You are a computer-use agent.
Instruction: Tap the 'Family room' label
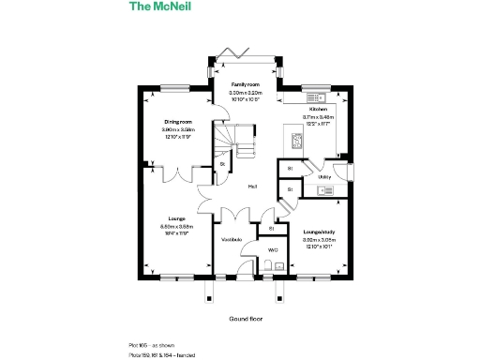click(x=245, y=84)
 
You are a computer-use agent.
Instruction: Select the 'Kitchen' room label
click(x=319, y=109)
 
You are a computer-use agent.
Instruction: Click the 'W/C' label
click(x=273, y=250)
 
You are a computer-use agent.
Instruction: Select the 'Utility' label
click(x=324, y=176)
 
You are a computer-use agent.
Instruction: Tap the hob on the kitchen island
click(x=296, y=141)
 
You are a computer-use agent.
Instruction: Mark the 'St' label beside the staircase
click(x=222, y=165)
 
